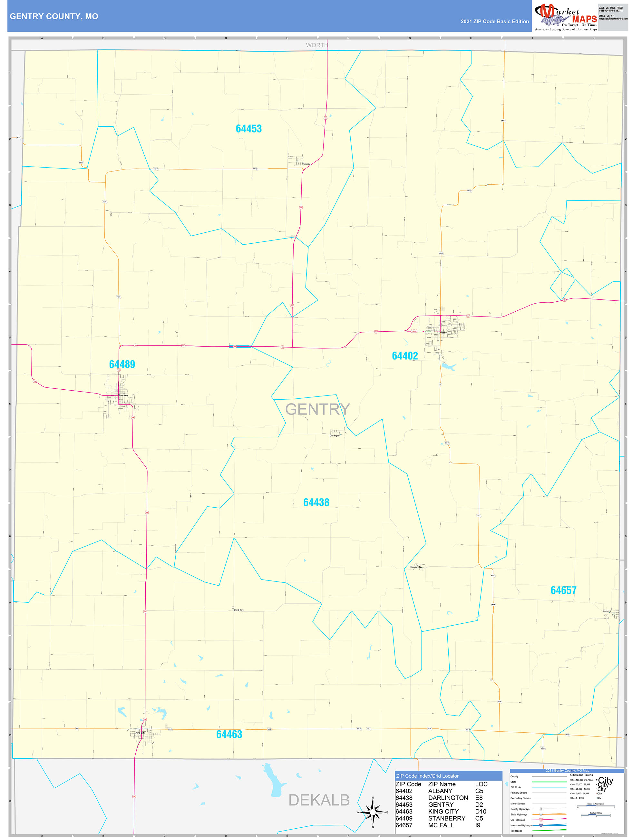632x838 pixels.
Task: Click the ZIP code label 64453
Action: [248, 129]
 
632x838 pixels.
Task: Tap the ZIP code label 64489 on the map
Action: [122, 364]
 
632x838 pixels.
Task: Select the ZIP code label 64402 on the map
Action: [405, 356]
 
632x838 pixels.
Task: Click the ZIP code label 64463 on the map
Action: [229, 734]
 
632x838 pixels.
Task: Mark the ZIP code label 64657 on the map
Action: [563, 590]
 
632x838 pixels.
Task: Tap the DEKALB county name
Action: [319, 800]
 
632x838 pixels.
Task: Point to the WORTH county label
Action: [317, 45]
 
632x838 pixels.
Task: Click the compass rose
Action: [373, 812]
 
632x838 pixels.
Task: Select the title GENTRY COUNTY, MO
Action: [54, 16]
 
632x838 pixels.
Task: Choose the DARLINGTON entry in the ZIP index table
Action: [448, 797]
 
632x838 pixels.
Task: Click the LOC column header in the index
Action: [481, 784]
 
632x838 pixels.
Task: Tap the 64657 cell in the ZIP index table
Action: [404, 825]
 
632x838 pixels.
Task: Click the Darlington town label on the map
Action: [335, 436]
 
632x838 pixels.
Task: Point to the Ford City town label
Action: [239, 610]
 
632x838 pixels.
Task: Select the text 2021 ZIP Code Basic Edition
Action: [494, 22]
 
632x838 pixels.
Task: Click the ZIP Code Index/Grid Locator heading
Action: [427, 776]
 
